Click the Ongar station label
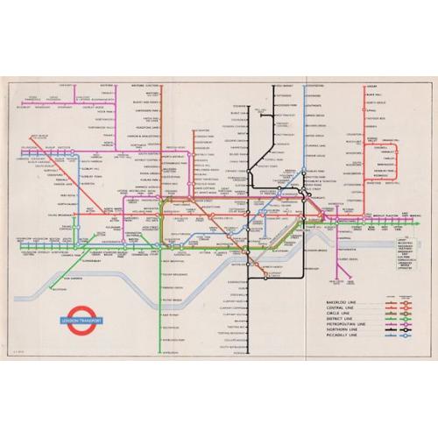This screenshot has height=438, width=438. (x=371, y=87)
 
